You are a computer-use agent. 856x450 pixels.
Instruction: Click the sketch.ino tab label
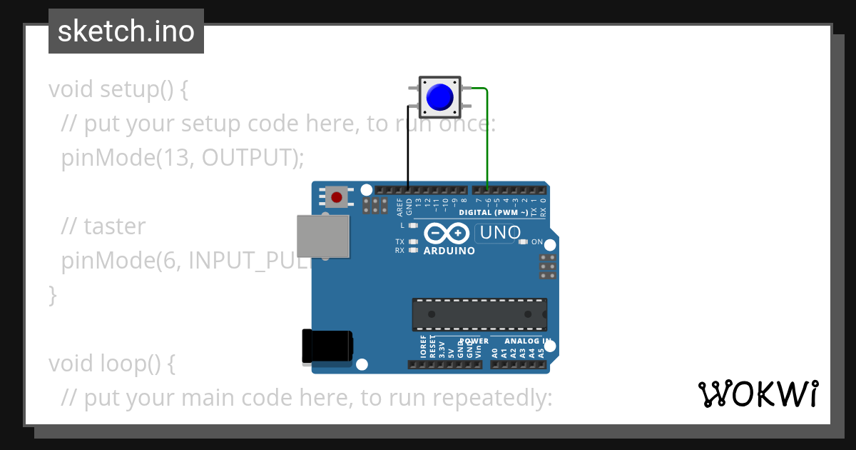126,31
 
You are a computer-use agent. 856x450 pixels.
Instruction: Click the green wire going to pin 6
487,136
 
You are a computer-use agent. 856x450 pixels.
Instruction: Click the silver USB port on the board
323,236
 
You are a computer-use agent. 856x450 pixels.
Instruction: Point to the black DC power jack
327,346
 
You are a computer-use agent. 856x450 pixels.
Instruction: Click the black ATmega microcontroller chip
479,314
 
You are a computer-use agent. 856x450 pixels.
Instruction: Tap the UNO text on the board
500,233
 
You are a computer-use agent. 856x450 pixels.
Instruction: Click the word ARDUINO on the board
449,251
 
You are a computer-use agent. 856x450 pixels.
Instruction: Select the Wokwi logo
758,394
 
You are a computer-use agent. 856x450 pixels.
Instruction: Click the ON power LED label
537,241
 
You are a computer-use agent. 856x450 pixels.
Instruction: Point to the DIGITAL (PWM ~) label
494,213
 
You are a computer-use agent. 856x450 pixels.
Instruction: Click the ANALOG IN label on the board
527,341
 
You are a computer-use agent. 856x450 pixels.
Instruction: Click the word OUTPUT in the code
247,158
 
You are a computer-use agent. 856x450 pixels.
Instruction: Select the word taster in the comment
114,226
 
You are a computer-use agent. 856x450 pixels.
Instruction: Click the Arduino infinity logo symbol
447,233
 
